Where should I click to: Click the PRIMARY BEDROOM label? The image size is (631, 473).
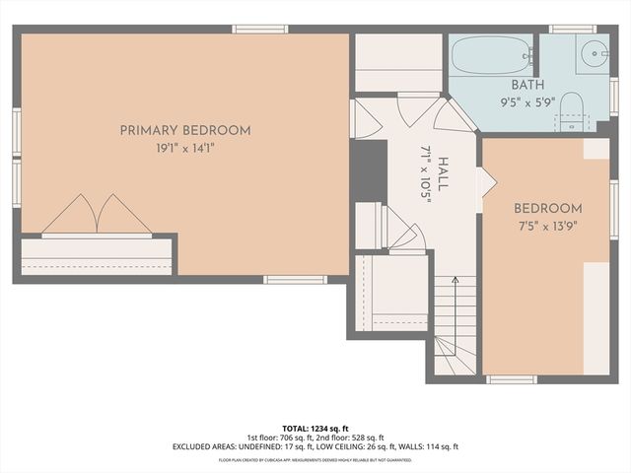(185, 130)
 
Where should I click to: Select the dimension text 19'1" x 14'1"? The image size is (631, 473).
(185, 149)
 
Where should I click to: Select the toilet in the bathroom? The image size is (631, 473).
(572, 118)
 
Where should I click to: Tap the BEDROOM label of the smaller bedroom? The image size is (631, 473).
(547, 209)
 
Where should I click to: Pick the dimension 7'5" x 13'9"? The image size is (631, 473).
(547, 227)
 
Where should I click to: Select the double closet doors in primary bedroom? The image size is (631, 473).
(96, 215)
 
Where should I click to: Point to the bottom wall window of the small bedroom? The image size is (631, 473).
(512, 379)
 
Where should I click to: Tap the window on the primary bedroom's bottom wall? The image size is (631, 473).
(295, 280)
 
